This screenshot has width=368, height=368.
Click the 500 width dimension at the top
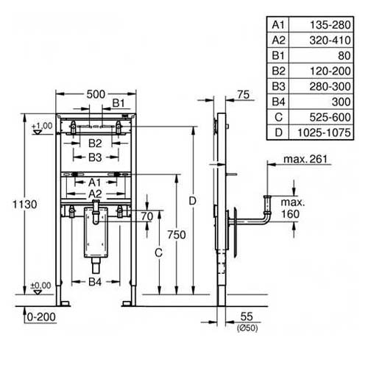tap(96, 94)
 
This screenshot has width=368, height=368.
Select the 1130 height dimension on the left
tap(25, 204)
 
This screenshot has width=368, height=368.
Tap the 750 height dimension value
tap(177, 235)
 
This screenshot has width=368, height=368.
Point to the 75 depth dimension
tap(244, 95)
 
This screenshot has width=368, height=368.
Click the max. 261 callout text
tap(305, 159)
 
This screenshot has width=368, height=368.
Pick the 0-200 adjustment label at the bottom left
tap(41, 317)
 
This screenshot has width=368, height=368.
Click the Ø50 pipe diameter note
tap(247, 328)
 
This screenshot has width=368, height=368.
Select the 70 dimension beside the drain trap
tap(147, 216)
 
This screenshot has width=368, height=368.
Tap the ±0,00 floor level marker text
tap(40, 286)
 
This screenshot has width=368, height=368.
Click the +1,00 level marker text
tap(42, 126)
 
